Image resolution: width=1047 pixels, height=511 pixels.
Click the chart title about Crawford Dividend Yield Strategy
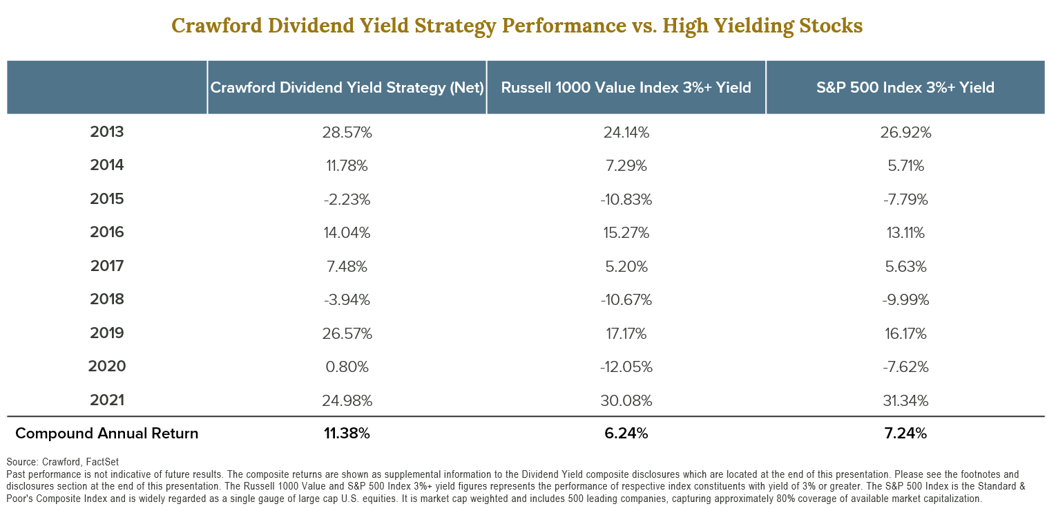[x=517, y=26]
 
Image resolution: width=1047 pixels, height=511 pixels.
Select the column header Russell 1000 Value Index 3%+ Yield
[x=626, y=88]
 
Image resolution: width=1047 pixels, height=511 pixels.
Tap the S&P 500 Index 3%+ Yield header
[x=905, y=88]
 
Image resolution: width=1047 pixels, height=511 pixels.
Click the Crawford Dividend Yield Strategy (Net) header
[x=347, y=88]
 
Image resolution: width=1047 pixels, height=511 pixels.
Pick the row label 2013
[x=107, y=132]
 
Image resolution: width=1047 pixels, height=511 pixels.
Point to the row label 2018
[x=107, y=299]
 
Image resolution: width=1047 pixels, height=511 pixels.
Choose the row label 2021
[x=107, y=400]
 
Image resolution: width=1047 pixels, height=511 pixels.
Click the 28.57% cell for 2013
[x=347, y=132]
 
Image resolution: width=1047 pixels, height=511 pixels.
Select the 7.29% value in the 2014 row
[x=626, y=166]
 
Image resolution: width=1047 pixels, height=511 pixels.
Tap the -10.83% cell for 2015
[x=626, y=199]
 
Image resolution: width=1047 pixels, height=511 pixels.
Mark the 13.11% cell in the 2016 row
[x=905, y=232]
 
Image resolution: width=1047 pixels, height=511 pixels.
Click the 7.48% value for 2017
[x=347, y=266]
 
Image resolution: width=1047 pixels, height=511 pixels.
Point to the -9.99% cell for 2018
[x=905, y=299]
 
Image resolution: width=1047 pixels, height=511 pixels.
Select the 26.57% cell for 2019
[x=347, y=333]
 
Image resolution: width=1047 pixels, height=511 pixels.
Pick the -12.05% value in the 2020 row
[x=626, y=366]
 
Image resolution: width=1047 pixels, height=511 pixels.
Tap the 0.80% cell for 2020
[x=347, y=366]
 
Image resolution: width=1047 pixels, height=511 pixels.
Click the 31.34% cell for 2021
[x=905, y=400]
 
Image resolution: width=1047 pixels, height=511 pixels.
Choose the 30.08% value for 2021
[x=626, y=400]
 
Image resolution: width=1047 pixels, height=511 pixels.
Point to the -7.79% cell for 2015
[x=905, y=199]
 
